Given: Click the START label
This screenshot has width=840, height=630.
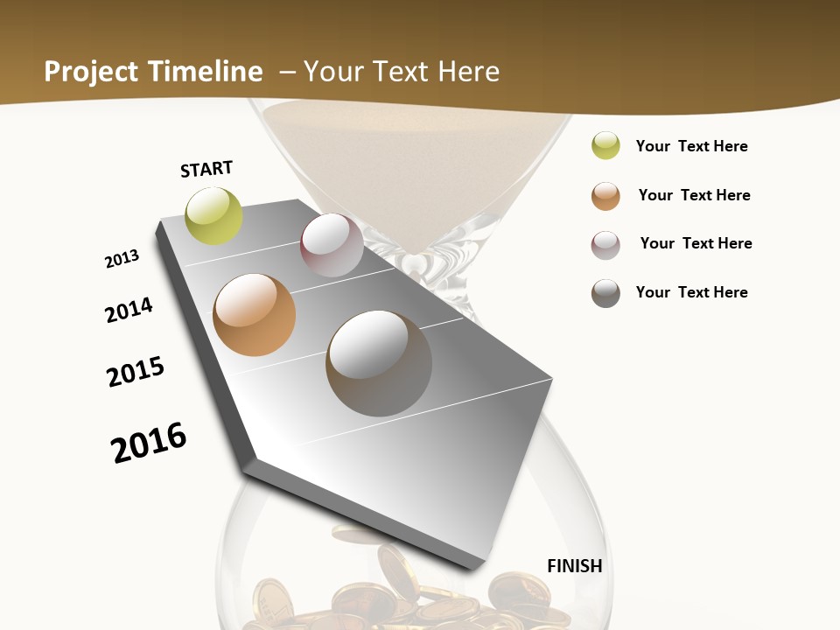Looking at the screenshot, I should coord(206,169).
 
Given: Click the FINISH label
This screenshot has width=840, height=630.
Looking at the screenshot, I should coord(575,566).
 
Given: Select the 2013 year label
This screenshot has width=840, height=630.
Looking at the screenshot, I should coord(122,259).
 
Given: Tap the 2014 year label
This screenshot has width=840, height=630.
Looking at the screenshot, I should coord(129,310).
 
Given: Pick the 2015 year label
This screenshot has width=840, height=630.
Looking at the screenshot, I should coord(136,372).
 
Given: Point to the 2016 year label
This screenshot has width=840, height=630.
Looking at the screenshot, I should coord(149,443).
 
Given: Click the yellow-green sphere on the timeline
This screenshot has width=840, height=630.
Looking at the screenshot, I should coord(213,215).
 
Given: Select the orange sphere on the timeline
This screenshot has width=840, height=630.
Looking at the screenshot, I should coord(254,315).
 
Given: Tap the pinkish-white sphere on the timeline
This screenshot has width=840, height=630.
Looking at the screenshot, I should coord(332,245).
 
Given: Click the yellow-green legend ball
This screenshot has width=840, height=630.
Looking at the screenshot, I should coord(605,146).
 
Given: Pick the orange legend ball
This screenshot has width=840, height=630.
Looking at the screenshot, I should coord(605,196).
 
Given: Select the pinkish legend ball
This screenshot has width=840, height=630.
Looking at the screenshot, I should coord(605,245).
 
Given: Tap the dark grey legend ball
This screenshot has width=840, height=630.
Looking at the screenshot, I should coord(605,293).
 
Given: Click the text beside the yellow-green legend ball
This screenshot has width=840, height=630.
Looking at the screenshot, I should coord(691,146).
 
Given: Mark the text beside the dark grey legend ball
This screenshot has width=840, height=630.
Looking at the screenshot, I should coord(691,292).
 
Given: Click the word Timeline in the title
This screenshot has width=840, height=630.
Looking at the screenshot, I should coord(206,72).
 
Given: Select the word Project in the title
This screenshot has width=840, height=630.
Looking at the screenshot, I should coord(91,72).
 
